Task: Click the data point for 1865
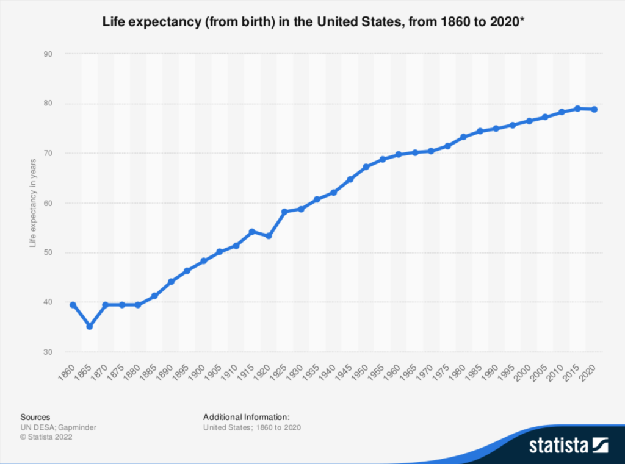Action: [x=90, y=327]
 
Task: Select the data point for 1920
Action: [x=269, y=235]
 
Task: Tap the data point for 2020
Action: [x=594, y=110]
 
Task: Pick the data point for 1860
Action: [x=73, y=305]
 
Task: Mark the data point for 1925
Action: [x=284, y=212]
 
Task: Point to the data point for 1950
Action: [x=366, y=166]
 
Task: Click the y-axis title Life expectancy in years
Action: [x=34, y=203]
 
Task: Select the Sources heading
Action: [x=35, y=417]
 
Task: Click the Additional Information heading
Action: [x=247, y=417]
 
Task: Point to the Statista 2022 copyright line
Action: [x=46, y=437]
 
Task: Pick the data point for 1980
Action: [x=464, y=137]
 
